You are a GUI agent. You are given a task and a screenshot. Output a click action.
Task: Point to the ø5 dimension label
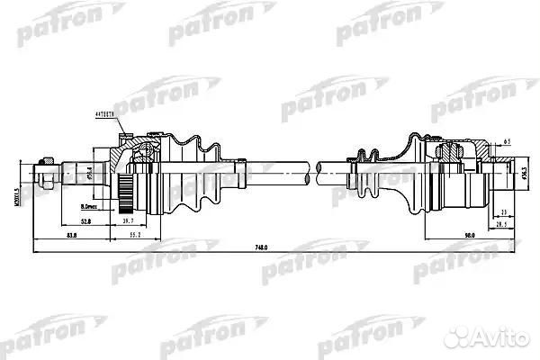tap(508, 142)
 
